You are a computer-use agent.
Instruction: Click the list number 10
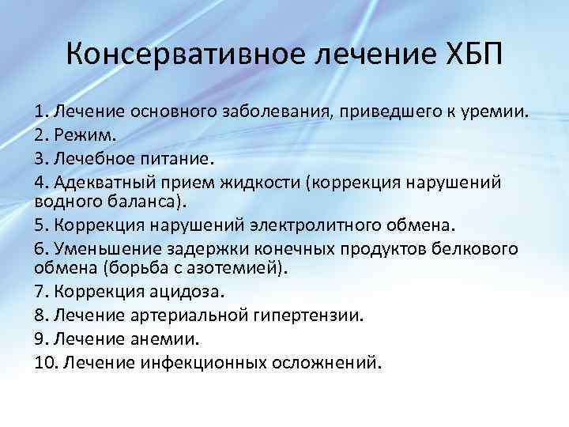tap(44, 363)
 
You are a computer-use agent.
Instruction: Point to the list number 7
tap(40, 291)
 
